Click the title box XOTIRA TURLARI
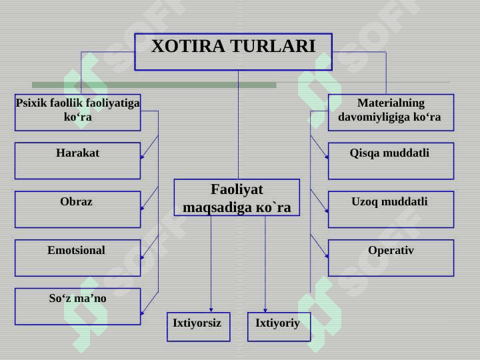233,51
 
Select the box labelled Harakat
77,161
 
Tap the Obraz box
77,209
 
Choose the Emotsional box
77,258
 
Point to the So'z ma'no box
77,306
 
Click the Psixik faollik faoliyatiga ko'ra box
77,112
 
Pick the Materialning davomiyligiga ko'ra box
391,112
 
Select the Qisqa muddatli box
391,161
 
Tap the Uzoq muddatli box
391,209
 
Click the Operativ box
391,258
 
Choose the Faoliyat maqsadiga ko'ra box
237,198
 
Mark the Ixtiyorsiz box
198,327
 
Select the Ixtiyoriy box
279,327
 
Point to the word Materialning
391,103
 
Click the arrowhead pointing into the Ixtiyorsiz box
211,309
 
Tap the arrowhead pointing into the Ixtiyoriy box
265,309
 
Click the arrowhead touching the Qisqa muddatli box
327,159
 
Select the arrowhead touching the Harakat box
142,159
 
